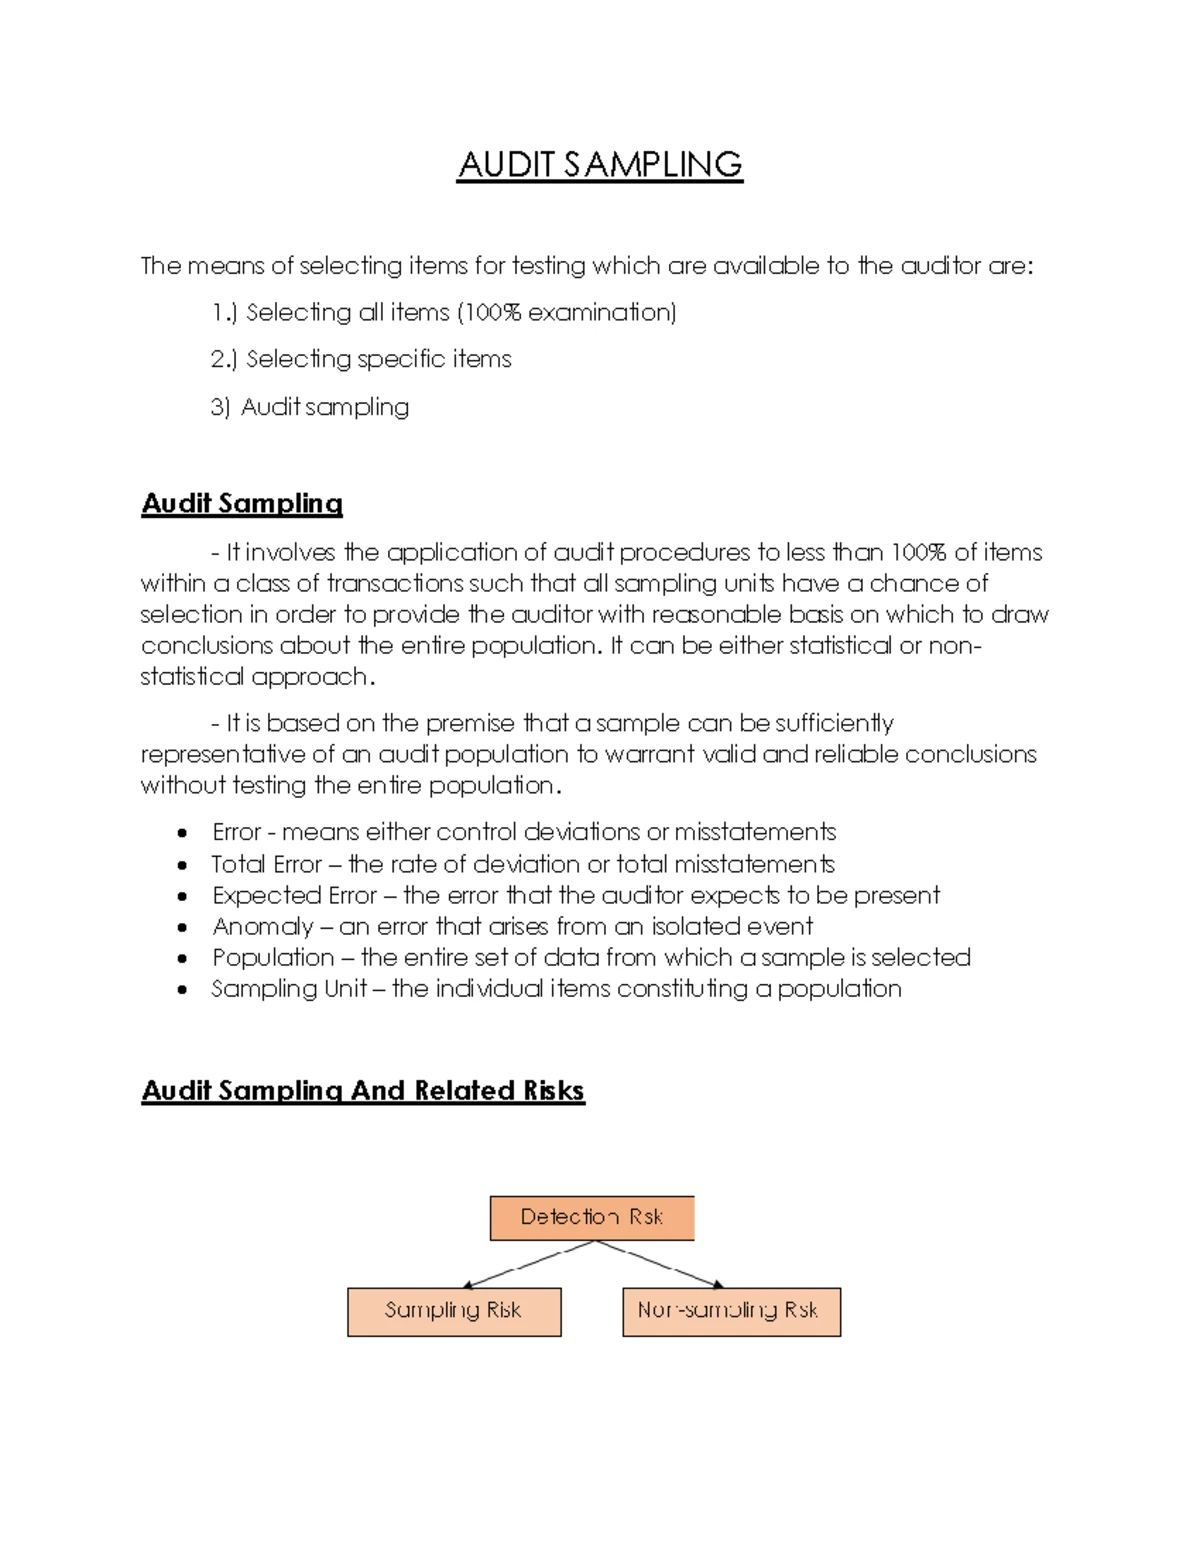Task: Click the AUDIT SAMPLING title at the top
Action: [600, 165]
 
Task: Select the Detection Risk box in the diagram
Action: [592, 1217]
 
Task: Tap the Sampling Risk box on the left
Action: [454, 1311]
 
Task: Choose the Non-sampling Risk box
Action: [731, 1311]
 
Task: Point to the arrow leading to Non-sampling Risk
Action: [662, 1265]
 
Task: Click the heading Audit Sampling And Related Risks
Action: [363, 1090]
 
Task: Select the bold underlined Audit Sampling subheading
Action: [242, 503]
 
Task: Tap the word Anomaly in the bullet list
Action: [262, 926]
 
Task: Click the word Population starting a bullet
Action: [273, 957]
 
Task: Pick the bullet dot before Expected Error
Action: [182, 896]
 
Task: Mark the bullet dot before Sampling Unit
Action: [182, 989]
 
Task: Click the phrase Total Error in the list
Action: [266, 864]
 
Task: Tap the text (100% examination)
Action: [567, 313]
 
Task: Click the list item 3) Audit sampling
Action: [310, 407]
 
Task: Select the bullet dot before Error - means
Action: [182, 833]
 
